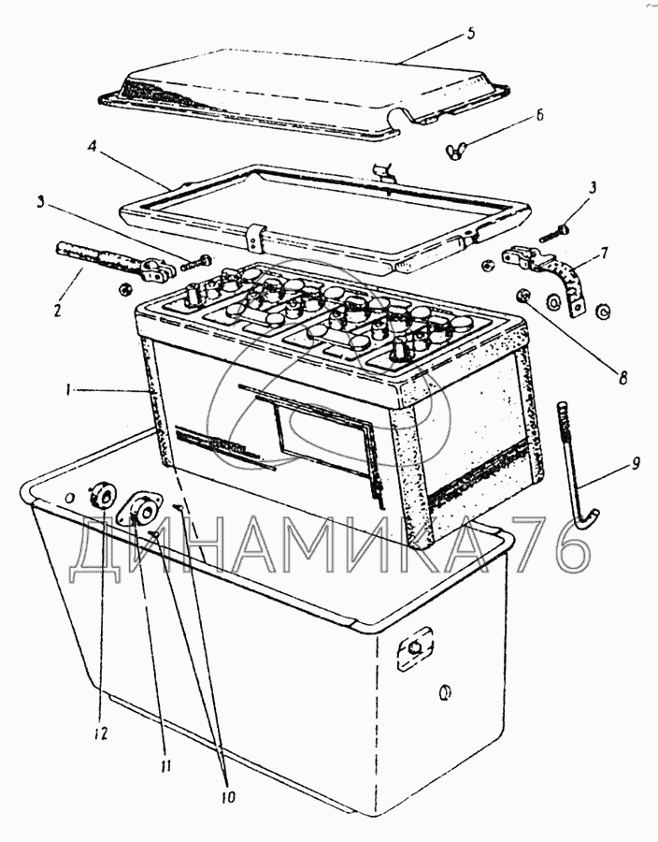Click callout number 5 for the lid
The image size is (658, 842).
tap(470, 34)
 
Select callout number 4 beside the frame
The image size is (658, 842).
tap(93, 147)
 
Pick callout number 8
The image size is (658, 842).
tap(622, 378)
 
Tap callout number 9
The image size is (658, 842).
tap(636, 463)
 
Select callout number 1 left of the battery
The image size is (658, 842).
tap(68, 391)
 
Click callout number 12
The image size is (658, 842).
tap(101, 733)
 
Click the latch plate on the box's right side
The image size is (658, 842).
tap(414, 649)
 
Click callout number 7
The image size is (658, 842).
tap(605, 253)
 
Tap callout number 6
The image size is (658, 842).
tap(539, 114)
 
